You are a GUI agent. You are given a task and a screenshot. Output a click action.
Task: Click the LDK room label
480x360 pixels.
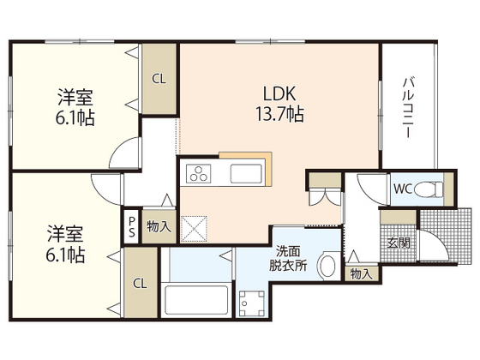[279, 93]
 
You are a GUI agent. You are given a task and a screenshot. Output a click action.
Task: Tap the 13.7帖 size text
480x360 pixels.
[279, 114]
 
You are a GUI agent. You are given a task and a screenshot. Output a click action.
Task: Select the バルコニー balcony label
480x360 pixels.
[408, 108]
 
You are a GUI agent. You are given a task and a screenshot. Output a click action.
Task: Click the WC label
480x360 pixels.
[403, 189]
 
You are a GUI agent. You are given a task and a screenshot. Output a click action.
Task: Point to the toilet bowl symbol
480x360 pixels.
[429, 189]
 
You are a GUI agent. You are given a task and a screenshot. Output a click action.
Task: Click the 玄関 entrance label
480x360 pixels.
[399, 243]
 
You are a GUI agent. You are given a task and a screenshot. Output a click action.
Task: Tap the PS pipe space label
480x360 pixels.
[132, 226]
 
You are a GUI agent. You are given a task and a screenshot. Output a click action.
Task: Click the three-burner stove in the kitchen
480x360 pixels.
[199, 173]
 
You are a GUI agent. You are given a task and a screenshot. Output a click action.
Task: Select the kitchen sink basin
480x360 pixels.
[246, 173]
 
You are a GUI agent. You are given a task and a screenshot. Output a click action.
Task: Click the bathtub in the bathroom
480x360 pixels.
[196, 300]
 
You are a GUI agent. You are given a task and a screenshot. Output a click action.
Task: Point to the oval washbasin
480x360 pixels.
[327, 266]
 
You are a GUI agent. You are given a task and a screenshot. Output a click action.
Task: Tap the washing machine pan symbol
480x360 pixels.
[252, 303]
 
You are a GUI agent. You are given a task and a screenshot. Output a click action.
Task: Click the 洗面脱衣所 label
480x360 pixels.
[288, 258]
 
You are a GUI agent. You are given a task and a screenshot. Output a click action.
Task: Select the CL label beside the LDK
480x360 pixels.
[159, 79]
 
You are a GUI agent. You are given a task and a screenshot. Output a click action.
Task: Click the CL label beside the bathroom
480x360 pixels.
[140, 284]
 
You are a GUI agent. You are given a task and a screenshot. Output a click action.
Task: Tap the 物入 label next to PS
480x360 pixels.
[159, 227]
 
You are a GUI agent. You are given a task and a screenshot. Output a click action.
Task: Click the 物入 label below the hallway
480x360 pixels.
[361, 273]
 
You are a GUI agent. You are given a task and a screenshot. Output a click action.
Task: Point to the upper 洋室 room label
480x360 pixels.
[75, 107]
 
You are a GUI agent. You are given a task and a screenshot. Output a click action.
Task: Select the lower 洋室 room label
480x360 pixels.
[65, 244]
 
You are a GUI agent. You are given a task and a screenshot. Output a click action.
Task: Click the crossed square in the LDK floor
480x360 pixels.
[194, 230]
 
